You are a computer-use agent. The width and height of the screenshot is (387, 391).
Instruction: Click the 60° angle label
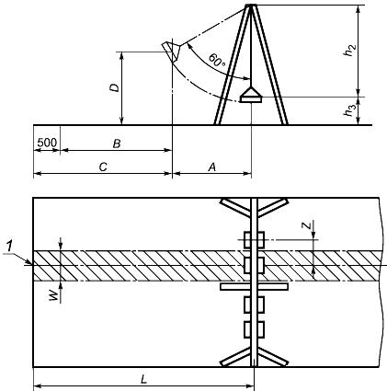pos(217,60)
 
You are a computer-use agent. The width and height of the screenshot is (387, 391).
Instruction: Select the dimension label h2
pos(350,51)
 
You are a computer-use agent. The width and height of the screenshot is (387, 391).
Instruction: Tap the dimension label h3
pos(350,110)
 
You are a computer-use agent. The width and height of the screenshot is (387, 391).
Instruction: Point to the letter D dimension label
pos(115,87)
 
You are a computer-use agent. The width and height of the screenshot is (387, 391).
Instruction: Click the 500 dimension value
pos(47,143)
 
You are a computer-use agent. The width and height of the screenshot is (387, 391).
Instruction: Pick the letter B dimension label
pos(117,144)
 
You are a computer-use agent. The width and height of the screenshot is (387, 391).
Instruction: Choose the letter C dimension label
pos(103,167)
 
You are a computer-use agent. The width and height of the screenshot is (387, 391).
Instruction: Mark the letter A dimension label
pos(212,167)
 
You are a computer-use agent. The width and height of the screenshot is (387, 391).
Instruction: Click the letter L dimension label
pos(143,380)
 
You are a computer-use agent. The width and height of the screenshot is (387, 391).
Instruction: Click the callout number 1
pos(10,247)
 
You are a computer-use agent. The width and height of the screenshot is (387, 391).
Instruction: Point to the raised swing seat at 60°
pos(172,52)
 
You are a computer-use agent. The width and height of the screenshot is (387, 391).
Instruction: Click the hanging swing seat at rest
pos(251,95)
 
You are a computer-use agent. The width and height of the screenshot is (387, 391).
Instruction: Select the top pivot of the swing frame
pos(251,6)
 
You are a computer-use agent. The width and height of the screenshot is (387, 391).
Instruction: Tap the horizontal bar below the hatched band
pos(254,287)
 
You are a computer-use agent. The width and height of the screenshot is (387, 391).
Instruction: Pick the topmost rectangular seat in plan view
pos(254,240)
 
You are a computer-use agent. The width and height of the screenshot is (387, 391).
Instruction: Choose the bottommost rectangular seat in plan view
pos(254,329)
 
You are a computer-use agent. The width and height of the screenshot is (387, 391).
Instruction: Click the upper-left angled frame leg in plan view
pos(235,208)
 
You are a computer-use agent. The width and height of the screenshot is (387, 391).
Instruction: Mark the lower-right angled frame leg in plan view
pos(273,357)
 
